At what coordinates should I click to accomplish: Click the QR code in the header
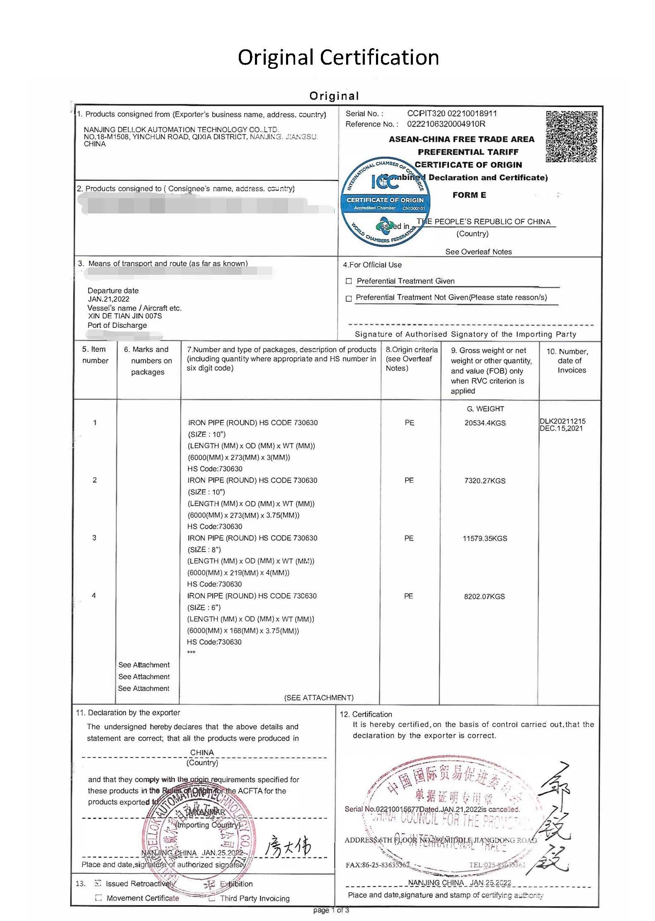point(572,136)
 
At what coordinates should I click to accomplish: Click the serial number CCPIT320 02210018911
point(452,114)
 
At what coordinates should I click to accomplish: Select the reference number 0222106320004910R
point(446,124)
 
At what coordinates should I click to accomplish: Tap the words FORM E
point(469,195)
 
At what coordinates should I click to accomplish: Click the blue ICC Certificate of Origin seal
point(385,202)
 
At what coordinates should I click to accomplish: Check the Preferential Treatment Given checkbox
point(349,281)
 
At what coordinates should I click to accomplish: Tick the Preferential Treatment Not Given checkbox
point(349,298)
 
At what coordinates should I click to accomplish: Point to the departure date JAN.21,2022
point(109,299)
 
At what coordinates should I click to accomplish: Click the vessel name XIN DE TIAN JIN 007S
point(125,316)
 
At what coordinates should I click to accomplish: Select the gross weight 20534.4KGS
point(485,423)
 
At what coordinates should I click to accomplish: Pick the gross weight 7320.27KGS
point(485,481)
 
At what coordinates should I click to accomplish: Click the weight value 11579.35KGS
point(485,538)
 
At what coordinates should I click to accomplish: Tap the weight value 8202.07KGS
point(484,596)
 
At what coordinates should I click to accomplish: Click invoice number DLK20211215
point(563,421)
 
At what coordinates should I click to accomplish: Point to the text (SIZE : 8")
point(204,550)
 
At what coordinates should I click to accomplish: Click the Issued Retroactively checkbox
point(98,883)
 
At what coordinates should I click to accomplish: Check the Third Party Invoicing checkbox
point(212,898)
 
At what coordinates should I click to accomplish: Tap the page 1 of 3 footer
point(331,910)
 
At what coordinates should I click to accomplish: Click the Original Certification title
point(338,57)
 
